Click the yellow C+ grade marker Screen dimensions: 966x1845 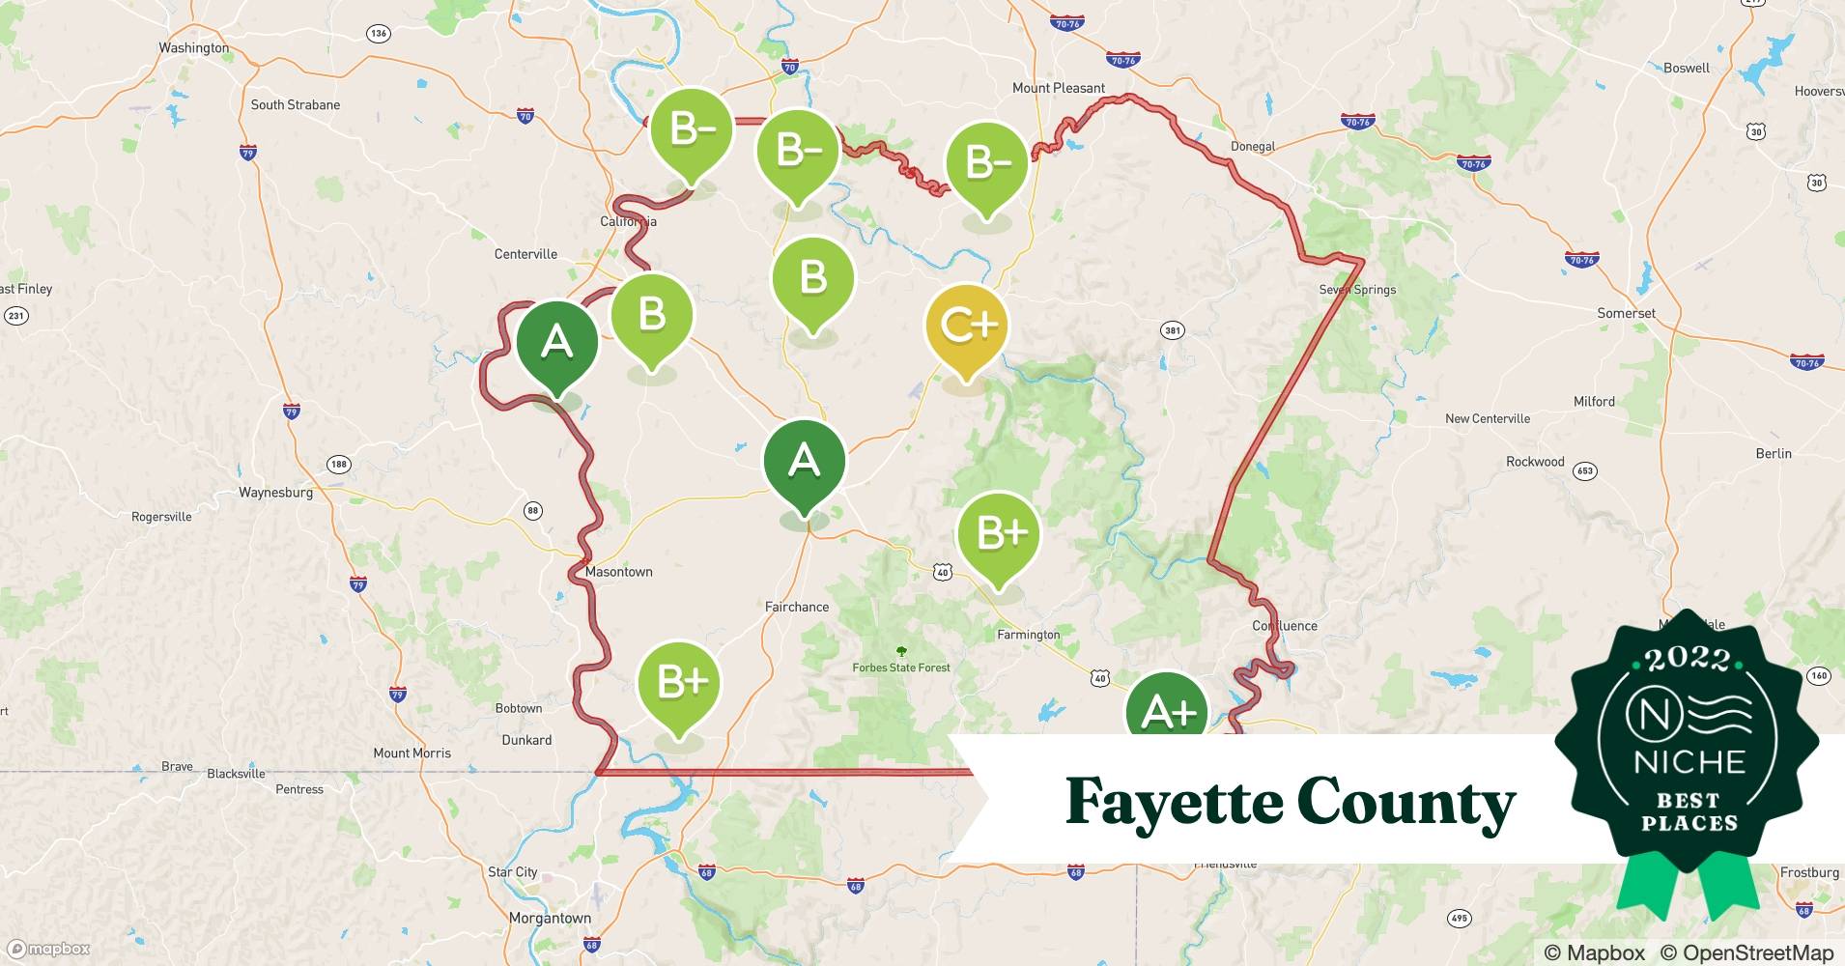(x=966, y=327)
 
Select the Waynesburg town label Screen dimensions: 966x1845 (x=275, y=493)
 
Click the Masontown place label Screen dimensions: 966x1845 (x=618, y=572)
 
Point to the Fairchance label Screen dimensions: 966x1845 (x=796, y=607)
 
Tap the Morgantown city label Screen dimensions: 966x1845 (x=550, y=918)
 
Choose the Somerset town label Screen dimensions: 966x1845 (x=1626, y=313)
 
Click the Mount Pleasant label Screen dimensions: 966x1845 (x=1058, y=88)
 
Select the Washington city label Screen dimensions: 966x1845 (x=193, y=48)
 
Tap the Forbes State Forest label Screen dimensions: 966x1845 (x=900, y=668)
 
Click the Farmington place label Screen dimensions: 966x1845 (x=1028, y=635)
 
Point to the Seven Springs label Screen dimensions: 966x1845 (x=1357, y=290)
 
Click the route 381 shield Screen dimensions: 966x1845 (x=1172, y=330)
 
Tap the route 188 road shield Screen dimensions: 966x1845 (x=338, y=464)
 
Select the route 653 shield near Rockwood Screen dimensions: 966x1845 (x=1584, y=471)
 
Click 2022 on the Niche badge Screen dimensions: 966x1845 (x=1688, y=660)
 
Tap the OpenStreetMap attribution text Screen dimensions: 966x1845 (x=1746, y=952)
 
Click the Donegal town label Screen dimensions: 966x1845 (x=1252, y=147)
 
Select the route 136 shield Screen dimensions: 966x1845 (x=378, y=34)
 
